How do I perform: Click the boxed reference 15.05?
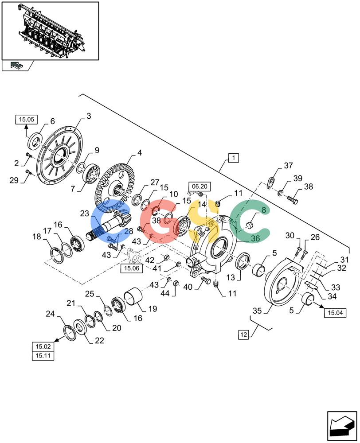point(27,120)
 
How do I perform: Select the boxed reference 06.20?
point(200,187)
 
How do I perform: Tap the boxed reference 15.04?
point(335,313)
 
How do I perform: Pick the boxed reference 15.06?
point(132,268)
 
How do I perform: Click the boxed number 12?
point(243,335)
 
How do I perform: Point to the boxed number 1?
point(233,158)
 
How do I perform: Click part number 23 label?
point(85,214)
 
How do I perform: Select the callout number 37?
point(288,165)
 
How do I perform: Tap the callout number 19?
point(153,309)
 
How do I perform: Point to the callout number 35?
point(257,311)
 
